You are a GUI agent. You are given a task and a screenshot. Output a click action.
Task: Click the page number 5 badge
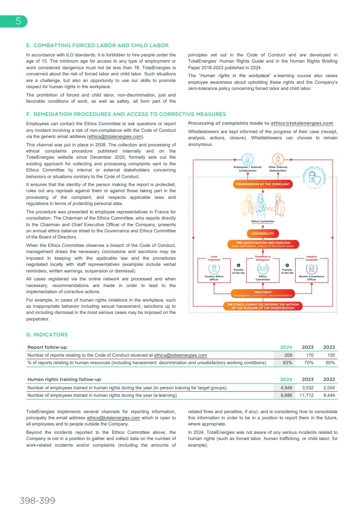[x=18, y=21]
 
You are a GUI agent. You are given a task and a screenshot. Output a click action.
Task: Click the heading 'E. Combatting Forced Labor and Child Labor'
[x=97, y=45]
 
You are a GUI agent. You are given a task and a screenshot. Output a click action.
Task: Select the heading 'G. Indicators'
[x=47, y=335]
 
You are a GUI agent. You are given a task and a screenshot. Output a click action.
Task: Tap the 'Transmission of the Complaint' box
[x=263, y=184]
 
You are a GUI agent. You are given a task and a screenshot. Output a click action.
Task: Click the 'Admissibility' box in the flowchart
[x=263, y=233]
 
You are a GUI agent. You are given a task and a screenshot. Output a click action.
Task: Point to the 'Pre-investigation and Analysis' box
[x=263, y=244]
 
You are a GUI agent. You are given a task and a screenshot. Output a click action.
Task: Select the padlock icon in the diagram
[x=314, y=177]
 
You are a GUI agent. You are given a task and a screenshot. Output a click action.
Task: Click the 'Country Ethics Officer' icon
[x=214, y=269]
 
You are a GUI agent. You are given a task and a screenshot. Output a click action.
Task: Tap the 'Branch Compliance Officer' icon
[x=311, y=269]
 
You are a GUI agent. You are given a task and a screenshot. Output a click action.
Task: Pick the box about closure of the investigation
[x=263, y=306]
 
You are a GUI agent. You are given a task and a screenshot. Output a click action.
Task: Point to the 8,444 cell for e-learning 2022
[x=329, y=396]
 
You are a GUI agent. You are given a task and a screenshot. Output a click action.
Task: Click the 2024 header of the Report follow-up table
[x=286, y=347]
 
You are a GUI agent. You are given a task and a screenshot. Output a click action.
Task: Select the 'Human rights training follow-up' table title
[x=64, y=379]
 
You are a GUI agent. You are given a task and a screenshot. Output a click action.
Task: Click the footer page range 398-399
[x=37, y=501]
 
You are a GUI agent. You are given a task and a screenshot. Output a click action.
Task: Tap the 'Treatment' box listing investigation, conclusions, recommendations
[x=263, y=293]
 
